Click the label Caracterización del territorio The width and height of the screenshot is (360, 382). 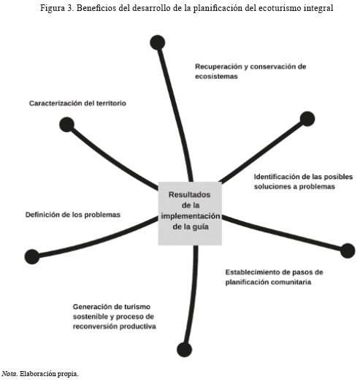pyautogui.click(x=77, y=103)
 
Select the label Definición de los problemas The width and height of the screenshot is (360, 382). pyautogui.click(x=73, y=215)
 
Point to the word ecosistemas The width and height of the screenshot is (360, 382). pyautogui.click(x=216, y=76)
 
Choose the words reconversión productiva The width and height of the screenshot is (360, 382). pyautogui.click(x=115, y=326)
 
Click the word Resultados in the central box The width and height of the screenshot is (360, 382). pyautogui.click(x=190, y=195)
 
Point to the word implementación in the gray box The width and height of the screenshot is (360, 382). pyautogui.click(x=191, y=216)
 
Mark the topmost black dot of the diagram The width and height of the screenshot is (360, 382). pyautogui.click(x=158, y=42)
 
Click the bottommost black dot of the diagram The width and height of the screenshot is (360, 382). pyautogui.click(x=185, y=350)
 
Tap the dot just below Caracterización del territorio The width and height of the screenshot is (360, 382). pyautogui.click(x=66, y=124)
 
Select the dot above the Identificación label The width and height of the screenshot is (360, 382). pyautogui.click(x=307, y=119)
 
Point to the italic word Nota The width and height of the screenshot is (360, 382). pyautogui.click(x=9, y=374)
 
